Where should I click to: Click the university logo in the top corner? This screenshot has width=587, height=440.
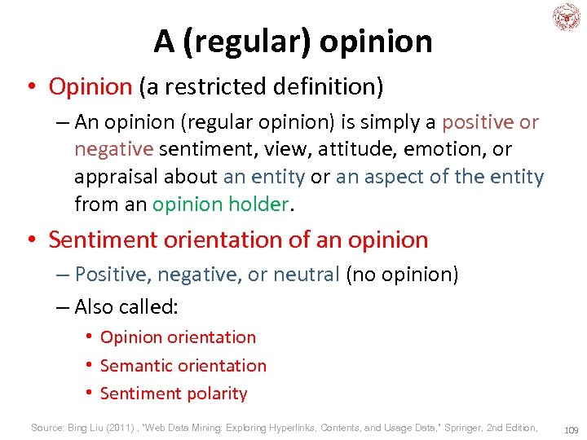click(x=565, y=17)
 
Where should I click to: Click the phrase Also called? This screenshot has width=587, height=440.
click(x=126, y=306)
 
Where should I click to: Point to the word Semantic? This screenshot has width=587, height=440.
click(x=134, y=365)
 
